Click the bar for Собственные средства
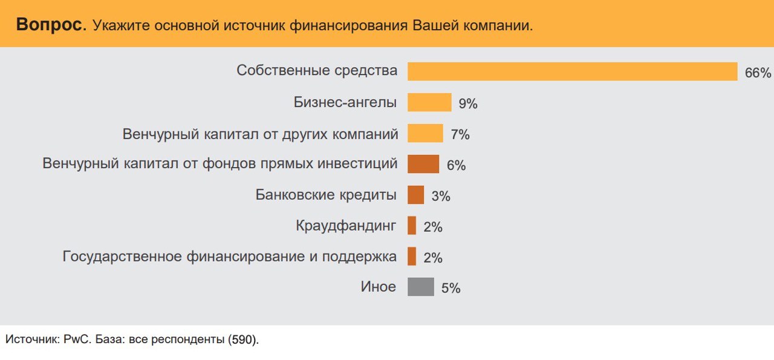pos(572,71)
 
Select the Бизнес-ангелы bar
pos(429,102)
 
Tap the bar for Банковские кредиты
pos(415,195)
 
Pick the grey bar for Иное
pos(421,287)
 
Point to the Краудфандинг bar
pos(412,226)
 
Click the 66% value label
pos(758,73)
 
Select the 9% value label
pos(468,104)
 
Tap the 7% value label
pos(460,135)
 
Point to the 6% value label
pos(455,166)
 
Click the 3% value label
pos(440,197)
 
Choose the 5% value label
pos(450,289)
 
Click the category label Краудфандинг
pos(346,226)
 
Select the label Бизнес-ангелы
pos(345,102)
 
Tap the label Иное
pos(378,287)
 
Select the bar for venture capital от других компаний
pos(425,133)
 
